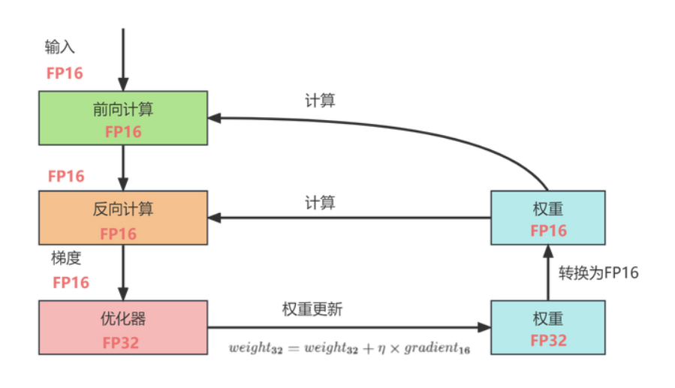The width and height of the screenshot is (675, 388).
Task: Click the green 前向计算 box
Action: pyautogui.click(x=123, y=118)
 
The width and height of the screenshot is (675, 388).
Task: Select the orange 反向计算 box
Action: pyautogui.click(x=123, y=218)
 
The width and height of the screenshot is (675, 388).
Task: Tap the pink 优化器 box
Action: pyautogui.click(x=123, y=327)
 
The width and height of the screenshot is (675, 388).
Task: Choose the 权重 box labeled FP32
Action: pyautogui.click(x=547, y=327)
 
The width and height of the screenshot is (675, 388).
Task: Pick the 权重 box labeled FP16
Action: pyautogui.click(x=547, y=218)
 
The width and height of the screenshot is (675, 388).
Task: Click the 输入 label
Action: pyautogui.click(x=60, y=47)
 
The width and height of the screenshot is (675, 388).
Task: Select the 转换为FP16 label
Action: pyautogui.click(x=598, y=272)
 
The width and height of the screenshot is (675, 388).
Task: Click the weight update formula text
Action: pyautogui.click(x=349, y=348)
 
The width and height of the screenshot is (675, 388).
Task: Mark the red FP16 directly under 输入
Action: pyautogui.click(x=65, y=73)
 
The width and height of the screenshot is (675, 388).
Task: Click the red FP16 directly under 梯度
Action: pyautogui.click(x=71, y=282)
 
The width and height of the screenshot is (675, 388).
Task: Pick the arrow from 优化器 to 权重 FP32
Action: pyautogui.click(x=345, y=327)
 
